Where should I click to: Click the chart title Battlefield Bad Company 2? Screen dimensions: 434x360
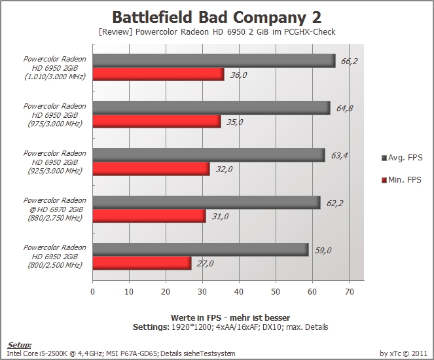217,17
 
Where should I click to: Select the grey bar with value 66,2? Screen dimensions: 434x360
214,61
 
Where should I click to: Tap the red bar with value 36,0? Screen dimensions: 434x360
158,75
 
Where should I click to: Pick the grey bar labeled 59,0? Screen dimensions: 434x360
201,249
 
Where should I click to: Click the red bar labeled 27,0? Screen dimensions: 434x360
142,263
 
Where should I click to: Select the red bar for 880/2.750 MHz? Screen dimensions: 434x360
149,216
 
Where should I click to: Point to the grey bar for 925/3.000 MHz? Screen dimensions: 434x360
209,155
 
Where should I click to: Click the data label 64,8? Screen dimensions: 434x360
344,108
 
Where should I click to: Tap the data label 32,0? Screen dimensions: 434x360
224,169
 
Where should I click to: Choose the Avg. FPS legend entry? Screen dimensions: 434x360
402,158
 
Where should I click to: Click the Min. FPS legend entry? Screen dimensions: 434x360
401,180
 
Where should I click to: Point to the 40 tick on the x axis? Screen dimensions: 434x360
239,292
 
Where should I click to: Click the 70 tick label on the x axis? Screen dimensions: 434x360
350,292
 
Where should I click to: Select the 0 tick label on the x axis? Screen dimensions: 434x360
92,292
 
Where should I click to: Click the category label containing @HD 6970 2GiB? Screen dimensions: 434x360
55,209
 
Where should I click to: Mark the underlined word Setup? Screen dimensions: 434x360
19,345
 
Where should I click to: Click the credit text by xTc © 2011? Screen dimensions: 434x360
403,353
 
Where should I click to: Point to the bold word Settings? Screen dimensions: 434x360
151,327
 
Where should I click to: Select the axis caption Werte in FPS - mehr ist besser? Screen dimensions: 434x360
230,317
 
